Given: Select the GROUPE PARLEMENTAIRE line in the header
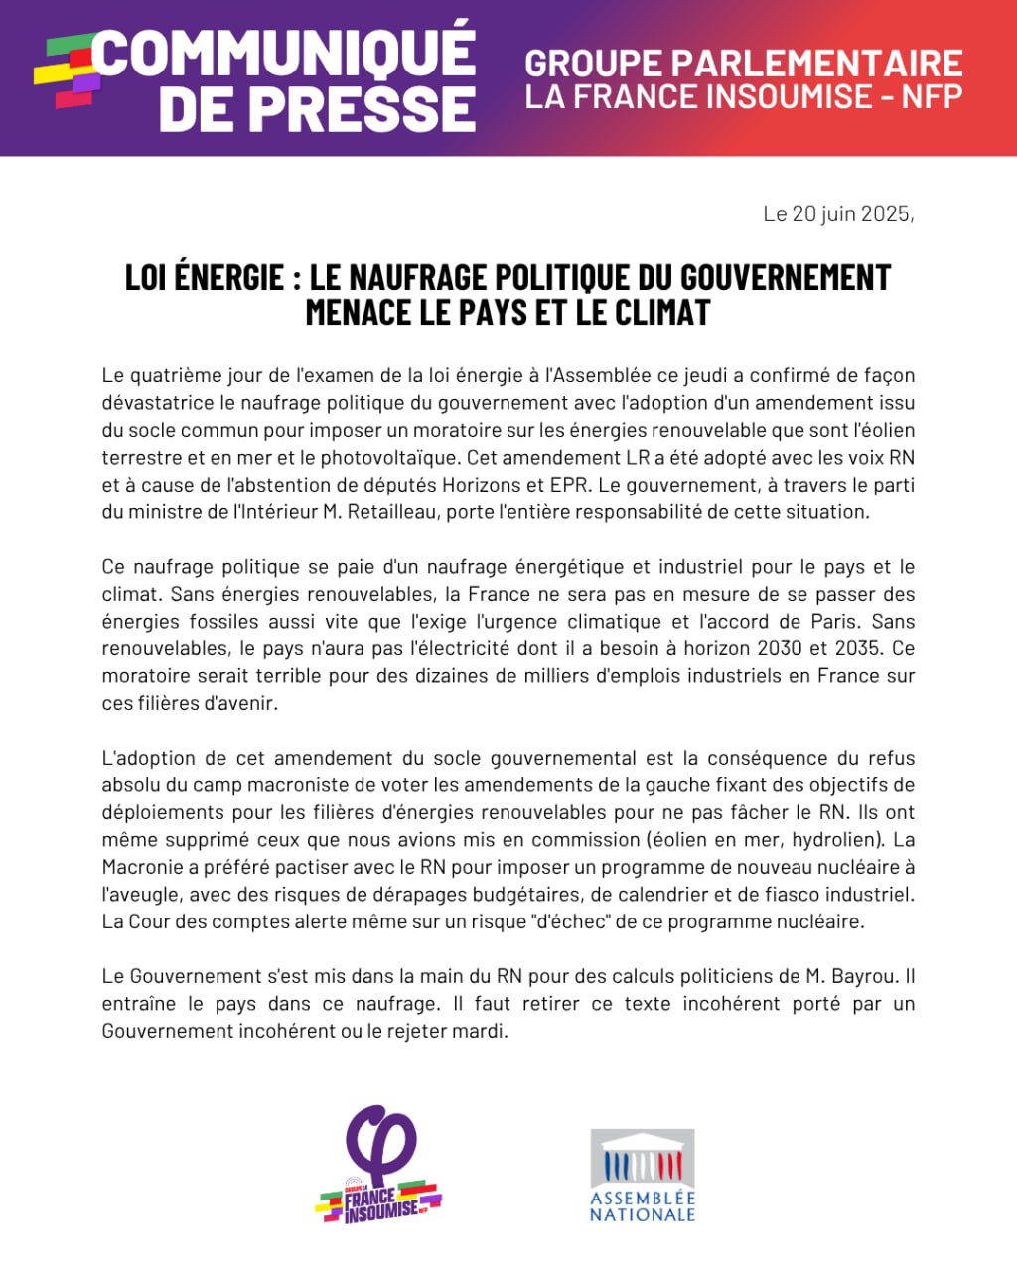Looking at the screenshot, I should tap(744, 64).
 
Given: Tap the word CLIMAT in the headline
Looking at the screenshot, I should tap(662, 312).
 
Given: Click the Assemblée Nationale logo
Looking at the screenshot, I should tap(643, 1175).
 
